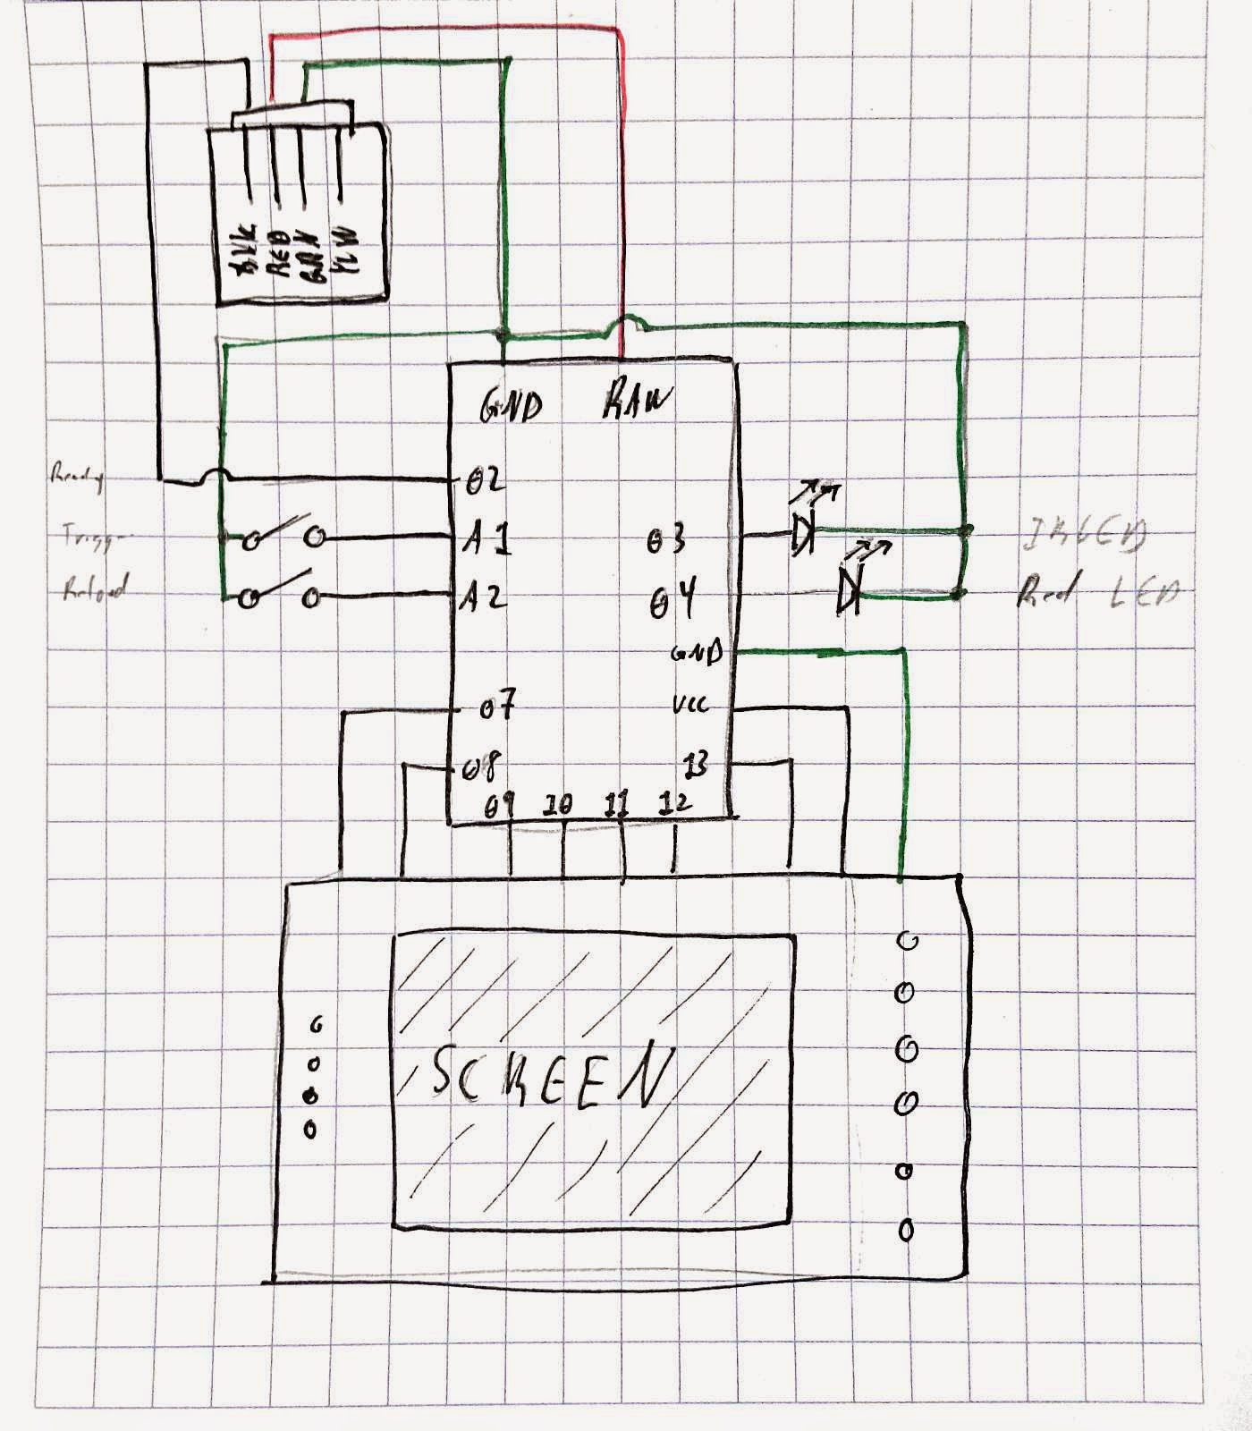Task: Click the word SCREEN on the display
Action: pyautogui.click(x=550, y=1073)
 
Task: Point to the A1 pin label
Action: pyautogui.click(x=486, y=540)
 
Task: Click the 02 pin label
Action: pyautogui.click(x=486, y=480)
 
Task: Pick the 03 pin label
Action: pyautogui.click(x=666, y=541)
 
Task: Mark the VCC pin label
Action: pyautogui.click(x=690, y=706)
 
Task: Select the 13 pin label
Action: pyautogui.click(x=695, y=765)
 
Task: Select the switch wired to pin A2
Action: pyautogui.click(x=280, y=594)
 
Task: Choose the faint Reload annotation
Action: pyautogui.click(x=95, y=588)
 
